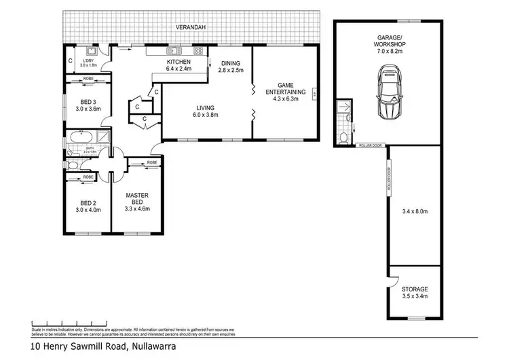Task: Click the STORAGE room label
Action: click(x=414, y=289)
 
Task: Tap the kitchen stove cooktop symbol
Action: click(x=197, y=50)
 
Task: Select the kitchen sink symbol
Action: click(x=174, y=50)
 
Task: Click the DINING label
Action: click(x=229, y=65)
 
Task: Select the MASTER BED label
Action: click(x=136, y=200)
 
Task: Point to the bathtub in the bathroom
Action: click(x=81, y=136)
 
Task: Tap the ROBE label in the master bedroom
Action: click(x=151, y=163)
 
